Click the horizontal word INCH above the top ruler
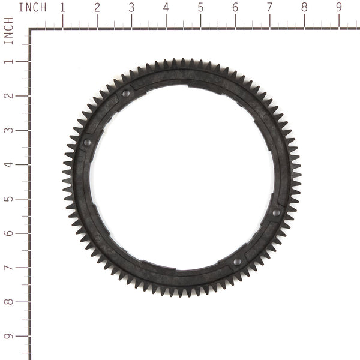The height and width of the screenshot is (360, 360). pyautogui.click(x=32, y=8)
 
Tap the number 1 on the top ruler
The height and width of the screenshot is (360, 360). pyautogui.click(x=63, y=8)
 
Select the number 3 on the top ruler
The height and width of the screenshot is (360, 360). pyautogui.click(x=132, y=8)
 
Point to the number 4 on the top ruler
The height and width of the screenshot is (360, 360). pyautogui.click(x=166, y=8)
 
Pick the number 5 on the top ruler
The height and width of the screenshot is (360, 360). pyautogui.click(x=200, y=8)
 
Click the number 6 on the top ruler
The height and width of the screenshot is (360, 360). pyautogui.click(x=235, y=8)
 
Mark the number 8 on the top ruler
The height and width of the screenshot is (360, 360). pyautogui.click(x=304, y=8)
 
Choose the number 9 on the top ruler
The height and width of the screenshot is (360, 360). pyautogui.click(x=339, y=8)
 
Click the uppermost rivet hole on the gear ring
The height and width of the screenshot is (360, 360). pyautogui.click(x=126, y=94)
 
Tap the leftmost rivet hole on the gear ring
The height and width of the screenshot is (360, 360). pyautogui.click(x=87, y=142)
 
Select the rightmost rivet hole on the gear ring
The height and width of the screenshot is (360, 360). pyautogui.click(x=276, y=212)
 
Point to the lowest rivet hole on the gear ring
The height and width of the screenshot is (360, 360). pyautogui.click(x=236, y=262)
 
